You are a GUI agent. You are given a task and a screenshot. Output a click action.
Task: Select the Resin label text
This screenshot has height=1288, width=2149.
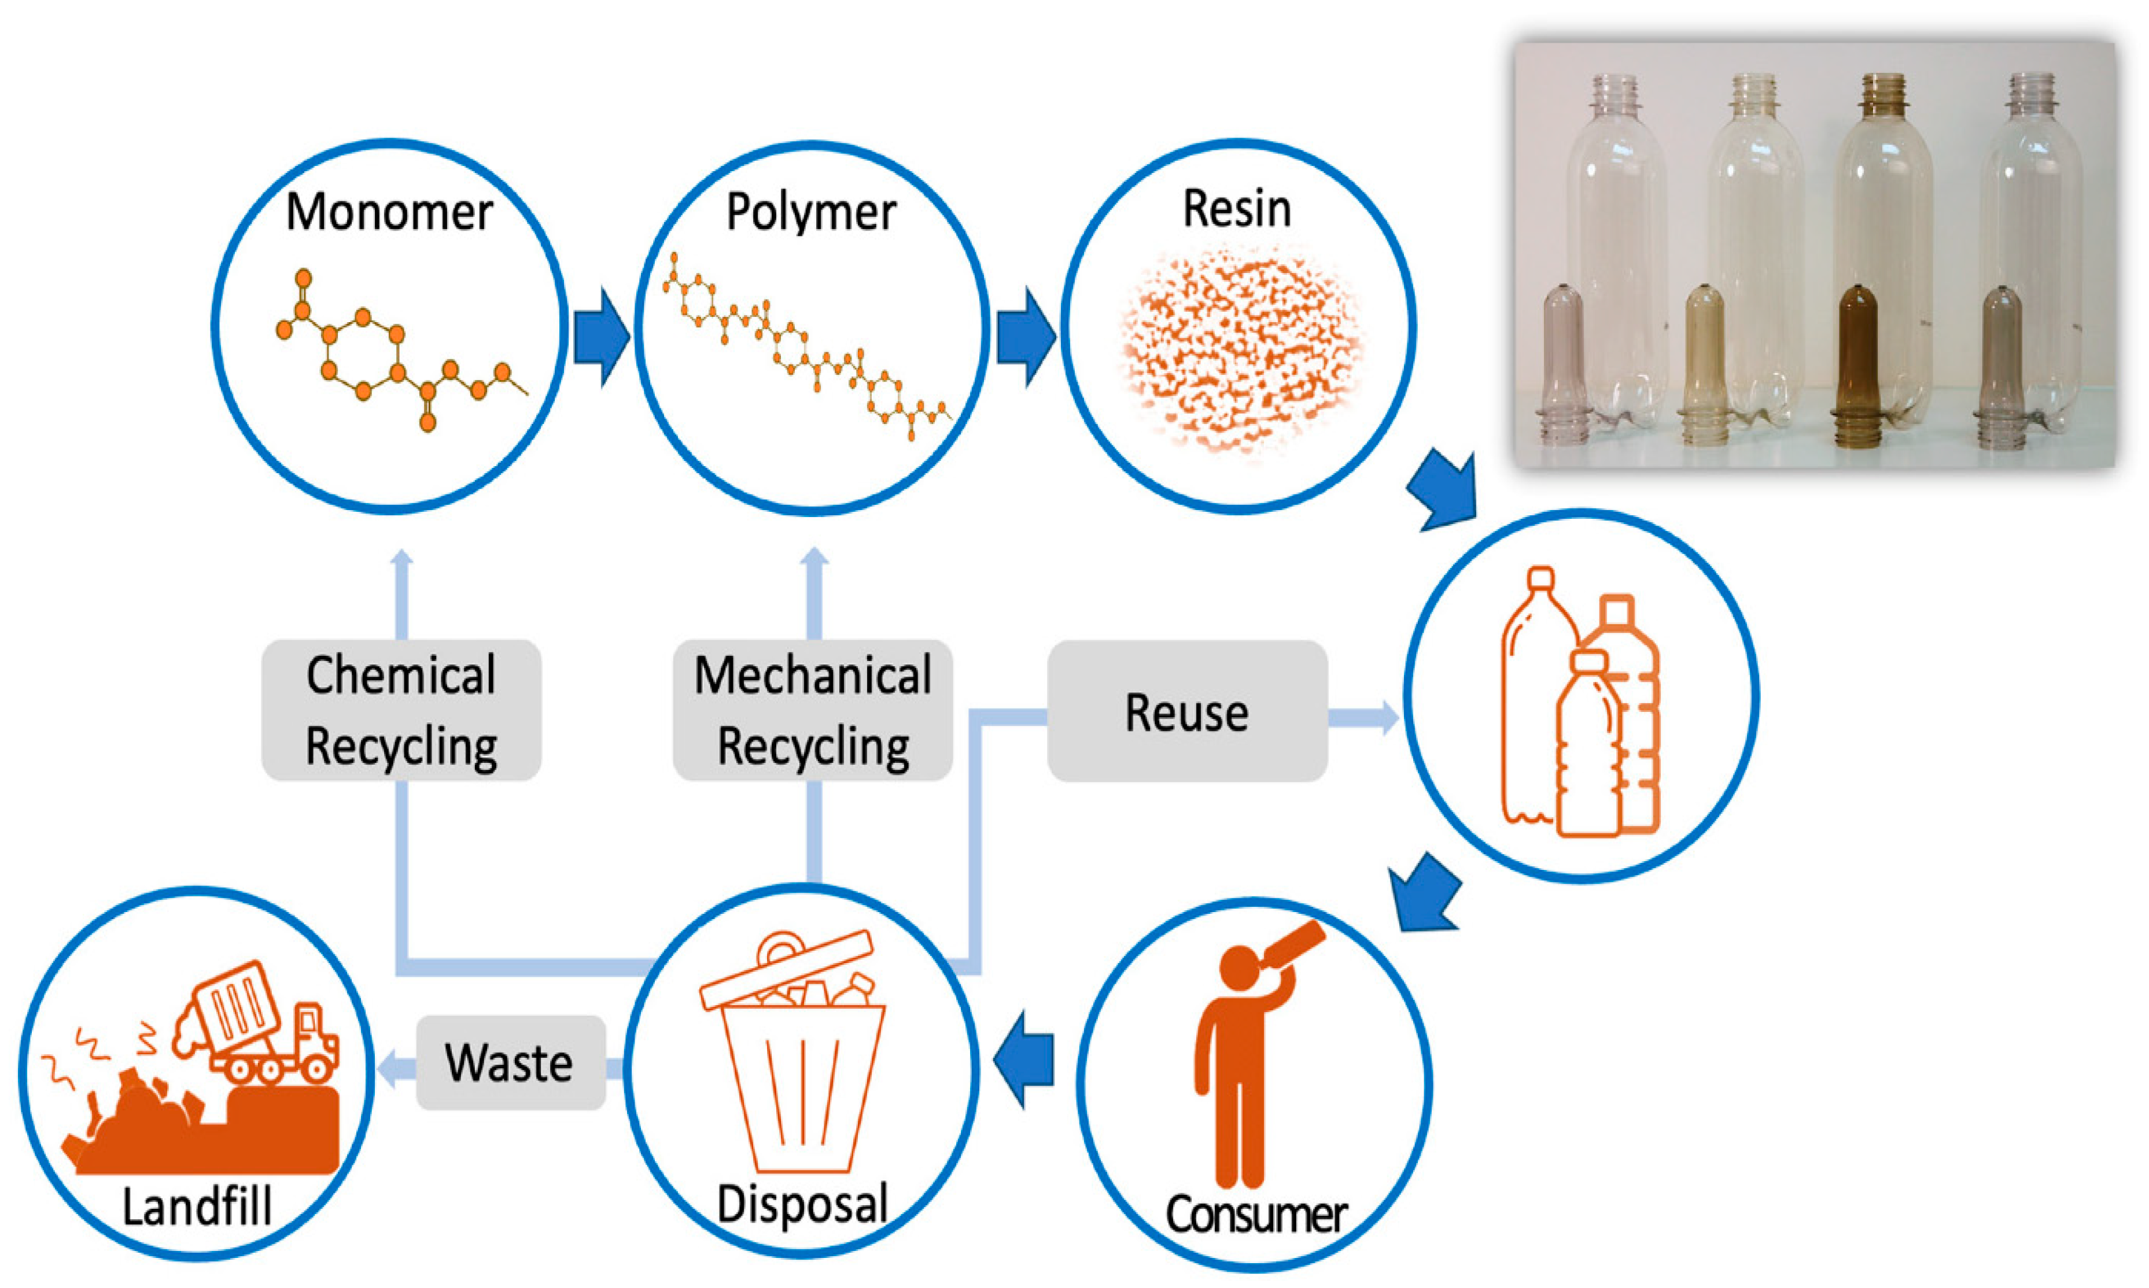coord(1237,209)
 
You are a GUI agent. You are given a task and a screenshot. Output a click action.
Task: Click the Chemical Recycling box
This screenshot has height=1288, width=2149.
coord(401,710)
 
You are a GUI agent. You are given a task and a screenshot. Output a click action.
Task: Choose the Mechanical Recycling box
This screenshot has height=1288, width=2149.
coord(812,710)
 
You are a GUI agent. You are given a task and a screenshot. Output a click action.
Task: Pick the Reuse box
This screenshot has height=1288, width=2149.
coord(1186,712)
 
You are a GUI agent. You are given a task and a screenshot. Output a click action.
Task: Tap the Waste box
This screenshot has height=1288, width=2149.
coord(510,1062)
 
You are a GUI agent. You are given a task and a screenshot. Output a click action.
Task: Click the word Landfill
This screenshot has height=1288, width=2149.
coord(197,1207)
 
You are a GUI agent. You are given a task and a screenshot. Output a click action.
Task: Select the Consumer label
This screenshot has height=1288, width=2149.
coord(1256,1213)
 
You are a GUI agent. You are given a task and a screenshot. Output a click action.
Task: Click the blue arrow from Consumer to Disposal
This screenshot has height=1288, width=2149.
coord(1024,1060)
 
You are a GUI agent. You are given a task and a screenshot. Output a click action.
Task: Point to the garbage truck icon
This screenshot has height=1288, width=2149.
coord(260,1024)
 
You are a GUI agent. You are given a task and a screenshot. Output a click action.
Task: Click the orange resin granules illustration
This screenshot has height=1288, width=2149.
coord(1238,352)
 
